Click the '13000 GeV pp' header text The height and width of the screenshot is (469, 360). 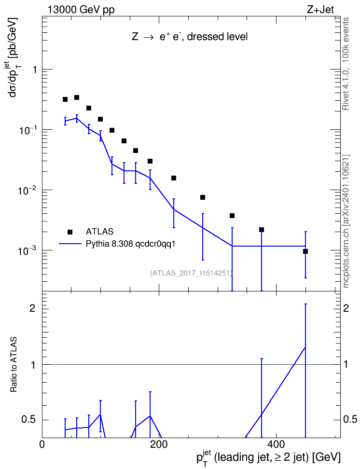pyautogui.click(x=81, y=10)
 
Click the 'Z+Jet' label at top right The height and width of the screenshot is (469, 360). pyautogui.click(x=320, y=10)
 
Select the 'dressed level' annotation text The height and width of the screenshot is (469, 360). pyautogui.click(x=217, y=37)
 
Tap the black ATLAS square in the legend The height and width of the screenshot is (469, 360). pyautogui.click(x=70, y=232)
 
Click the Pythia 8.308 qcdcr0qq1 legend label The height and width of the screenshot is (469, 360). pyautogui.click(x=130, y=244)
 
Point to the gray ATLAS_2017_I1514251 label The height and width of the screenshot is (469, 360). pyautogui.click(x=191, y=273)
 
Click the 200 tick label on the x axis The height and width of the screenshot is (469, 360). pyautogui.click(x=159, y=444)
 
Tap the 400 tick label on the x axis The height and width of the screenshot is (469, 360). pyautogui.click(x=276, y=444)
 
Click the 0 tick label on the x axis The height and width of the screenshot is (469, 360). pyautogui.click(x=42, y=444)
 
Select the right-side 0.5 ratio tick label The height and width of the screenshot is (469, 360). pyautogui.click(x=350, y=419)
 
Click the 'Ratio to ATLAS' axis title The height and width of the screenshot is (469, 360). pyautogui.click(x=14, y=365)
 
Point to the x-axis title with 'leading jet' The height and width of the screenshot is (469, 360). pyautogui.click(x=268, y=457)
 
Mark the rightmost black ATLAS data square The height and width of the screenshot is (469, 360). pyautogui.click(x=305, y=251)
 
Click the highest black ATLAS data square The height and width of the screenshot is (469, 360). pyautogui.click(x=77, y=97)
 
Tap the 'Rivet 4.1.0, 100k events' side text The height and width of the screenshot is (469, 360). pyautogui.click(x=346, y=64)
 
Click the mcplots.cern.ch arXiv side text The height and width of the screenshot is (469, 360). pyautogui.click(x=346, y=221)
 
